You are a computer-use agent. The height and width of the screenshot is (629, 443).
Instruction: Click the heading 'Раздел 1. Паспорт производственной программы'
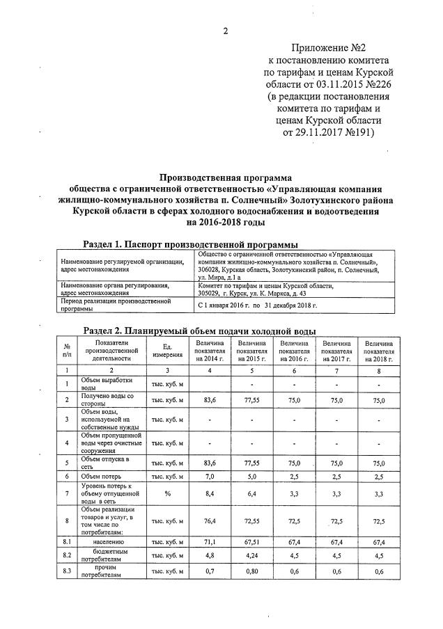coord(190,244)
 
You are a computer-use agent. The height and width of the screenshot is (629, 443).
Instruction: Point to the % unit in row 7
coord(166,495)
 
